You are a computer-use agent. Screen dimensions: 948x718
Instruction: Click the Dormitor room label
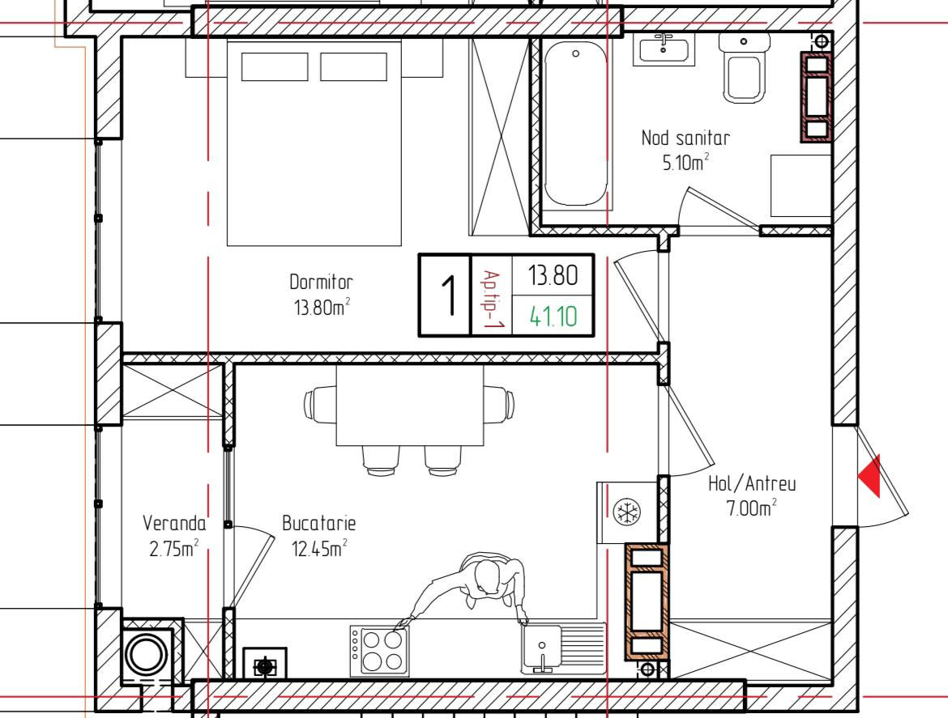321,282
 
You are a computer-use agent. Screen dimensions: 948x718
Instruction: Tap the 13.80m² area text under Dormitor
322,308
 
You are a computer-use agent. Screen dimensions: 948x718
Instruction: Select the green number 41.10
553,317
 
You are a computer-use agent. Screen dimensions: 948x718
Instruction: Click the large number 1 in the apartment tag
448,295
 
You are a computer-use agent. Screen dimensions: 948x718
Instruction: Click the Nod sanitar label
685,138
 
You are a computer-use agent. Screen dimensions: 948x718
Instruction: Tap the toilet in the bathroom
745,68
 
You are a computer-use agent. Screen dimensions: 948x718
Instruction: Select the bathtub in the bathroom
575,125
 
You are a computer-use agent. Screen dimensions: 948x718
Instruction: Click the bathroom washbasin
664,49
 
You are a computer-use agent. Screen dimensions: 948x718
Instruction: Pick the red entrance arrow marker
870,476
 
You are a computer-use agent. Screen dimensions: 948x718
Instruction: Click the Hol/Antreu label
752,484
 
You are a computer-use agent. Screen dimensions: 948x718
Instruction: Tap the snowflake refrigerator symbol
626,512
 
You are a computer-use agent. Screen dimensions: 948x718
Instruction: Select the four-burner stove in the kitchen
380,650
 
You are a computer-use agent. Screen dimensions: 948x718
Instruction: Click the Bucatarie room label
318,523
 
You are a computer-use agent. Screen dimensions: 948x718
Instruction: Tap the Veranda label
174,523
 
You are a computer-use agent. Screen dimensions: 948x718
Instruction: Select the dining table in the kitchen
410,405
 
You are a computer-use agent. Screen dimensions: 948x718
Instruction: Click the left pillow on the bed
275,66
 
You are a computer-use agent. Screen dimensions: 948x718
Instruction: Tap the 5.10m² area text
685,163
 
